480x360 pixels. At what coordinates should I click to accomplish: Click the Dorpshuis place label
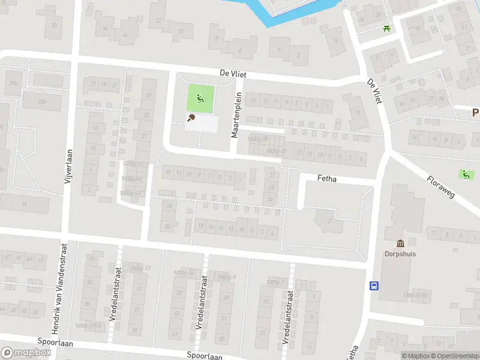[400, 253]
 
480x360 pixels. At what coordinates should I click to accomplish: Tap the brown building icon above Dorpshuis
[400, 243]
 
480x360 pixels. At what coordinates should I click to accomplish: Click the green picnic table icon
[386, 28]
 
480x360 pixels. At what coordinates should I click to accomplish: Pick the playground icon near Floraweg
[465, 174]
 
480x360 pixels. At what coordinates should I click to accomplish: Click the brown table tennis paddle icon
[190, 118]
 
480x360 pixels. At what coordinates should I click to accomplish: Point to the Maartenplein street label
[236, 115]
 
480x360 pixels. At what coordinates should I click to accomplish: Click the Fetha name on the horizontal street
[326, 178]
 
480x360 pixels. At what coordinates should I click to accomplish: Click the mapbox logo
[26, 353]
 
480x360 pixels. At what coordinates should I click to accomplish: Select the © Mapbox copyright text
[416, 356]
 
